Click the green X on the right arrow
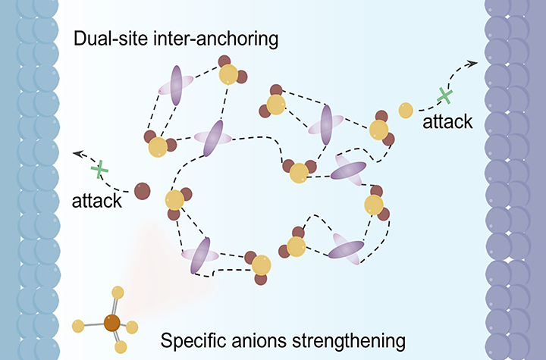(x=445, y=96)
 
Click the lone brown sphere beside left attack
(x=142, y=192)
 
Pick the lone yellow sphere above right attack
(x=406, y=110)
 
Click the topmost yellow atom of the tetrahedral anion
(x=118, y=291)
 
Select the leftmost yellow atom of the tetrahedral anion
(x=77, y=326)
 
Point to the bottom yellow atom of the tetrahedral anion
(x=121, y=346)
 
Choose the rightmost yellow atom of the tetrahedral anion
(x=132, y=327)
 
